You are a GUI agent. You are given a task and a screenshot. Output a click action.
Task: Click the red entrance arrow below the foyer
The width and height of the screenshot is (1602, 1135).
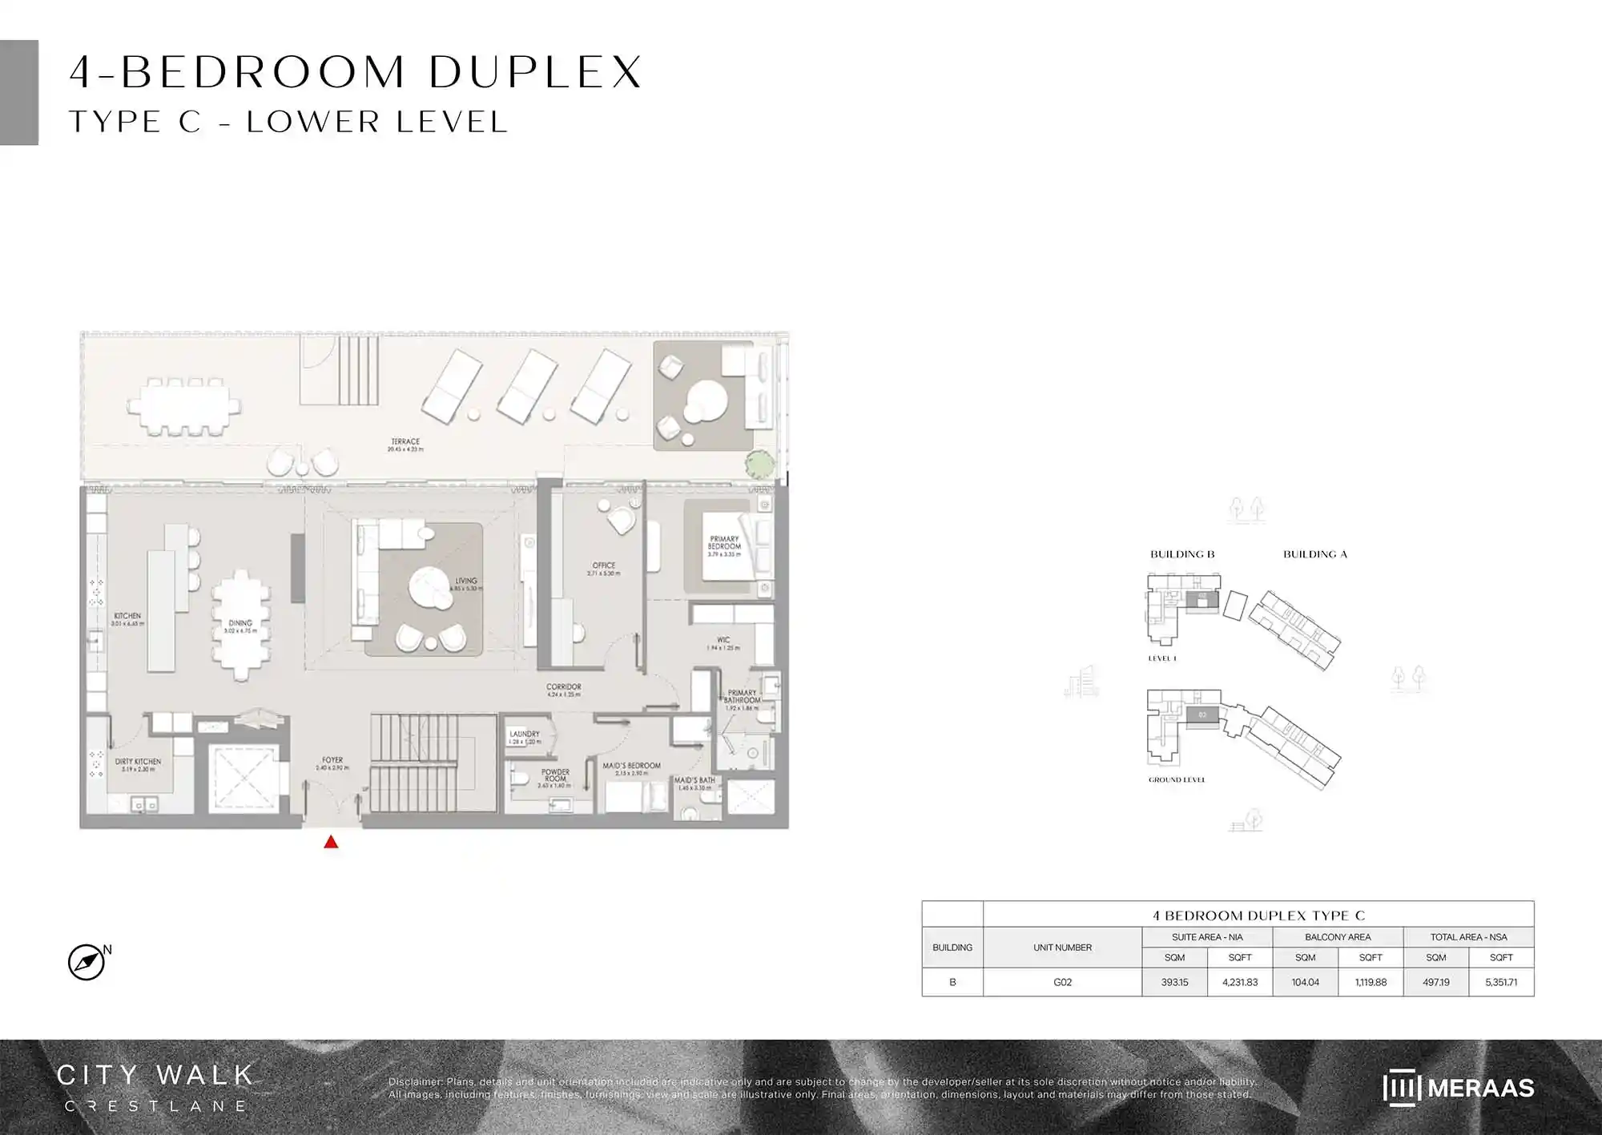click(331, 842)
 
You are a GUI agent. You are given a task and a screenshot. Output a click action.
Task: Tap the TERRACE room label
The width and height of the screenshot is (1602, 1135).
click(405, 442)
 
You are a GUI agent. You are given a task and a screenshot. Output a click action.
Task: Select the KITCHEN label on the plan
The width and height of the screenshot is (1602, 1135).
click(127, 616)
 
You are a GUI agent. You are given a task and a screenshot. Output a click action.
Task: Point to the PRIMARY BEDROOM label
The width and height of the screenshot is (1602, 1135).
click(724, 543)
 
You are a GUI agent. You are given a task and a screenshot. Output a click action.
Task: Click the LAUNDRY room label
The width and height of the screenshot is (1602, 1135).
click(525, 734)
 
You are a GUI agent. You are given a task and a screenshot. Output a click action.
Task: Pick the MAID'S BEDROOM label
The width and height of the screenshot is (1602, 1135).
click(631, 766)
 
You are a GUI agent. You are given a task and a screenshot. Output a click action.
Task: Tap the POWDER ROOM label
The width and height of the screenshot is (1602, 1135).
click(555, 775)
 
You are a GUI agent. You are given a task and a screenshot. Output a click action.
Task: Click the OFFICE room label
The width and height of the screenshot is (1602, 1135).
click(604, 565)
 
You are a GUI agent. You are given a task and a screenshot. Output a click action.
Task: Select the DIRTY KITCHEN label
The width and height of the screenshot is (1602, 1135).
click(138, 762)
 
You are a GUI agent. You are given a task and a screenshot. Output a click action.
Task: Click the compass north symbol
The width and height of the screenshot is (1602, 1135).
click(87, 962)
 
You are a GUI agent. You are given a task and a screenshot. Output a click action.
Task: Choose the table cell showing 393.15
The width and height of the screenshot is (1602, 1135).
click(1174, 982)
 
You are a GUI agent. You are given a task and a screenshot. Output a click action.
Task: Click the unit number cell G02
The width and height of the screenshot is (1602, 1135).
click(1062, 982)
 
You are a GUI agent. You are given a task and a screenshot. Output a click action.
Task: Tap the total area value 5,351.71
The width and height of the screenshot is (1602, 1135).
click(1501, 982)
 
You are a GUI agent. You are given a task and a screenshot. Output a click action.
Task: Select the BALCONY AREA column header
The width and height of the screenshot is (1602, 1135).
click(1338, 937)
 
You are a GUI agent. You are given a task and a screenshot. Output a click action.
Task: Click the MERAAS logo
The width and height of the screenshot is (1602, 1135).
click(1458, 1088)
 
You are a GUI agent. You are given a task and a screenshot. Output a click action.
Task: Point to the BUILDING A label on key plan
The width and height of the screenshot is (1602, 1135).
click(1315, 554)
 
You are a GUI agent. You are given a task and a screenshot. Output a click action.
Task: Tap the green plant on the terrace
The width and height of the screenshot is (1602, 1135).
click(760, 464)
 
